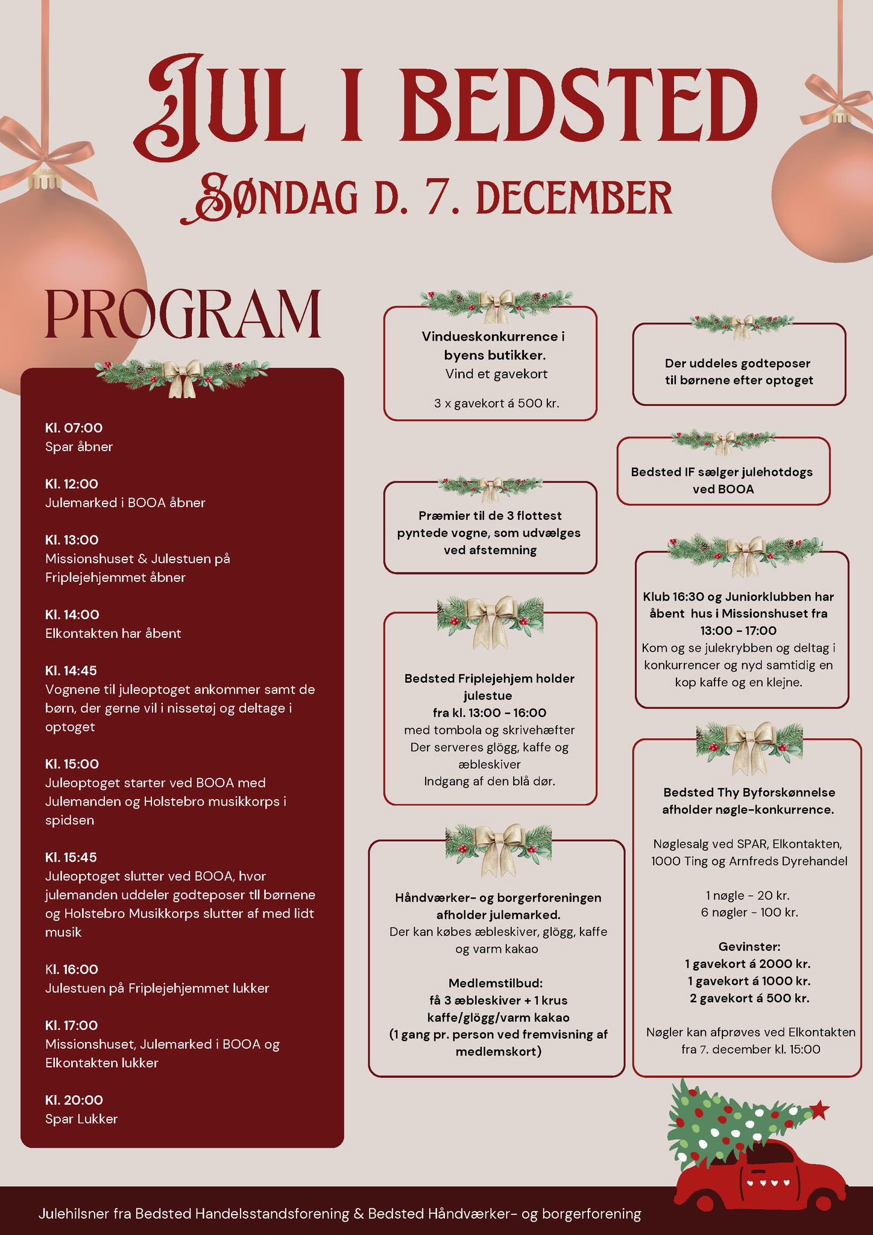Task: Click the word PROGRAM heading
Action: pos(183,314)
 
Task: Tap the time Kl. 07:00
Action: pos(74,428)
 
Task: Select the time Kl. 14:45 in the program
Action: pos(71,671)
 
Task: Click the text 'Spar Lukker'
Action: pos(81,1119)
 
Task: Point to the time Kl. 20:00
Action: pos(74,1100)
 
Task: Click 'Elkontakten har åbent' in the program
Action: pos(113,633)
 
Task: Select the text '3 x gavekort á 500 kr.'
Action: pos(497,403)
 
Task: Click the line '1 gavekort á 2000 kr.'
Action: pos(748,964)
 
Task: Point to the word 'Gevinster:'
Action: pos(749,946)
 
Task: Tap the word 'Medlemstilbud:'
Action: pos(496,983)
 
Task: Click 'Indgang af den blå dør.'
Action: pos(490,782)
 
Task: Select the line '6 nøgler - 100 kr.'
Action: pos(749,912)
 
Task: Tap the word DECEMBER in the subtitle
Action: pos(574,197)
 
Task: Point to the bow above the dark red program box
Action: pos(183,377)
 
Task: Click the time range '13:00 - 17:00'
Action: pos(738,631)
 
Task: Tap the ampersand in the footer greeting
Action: pos(359,1213)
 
